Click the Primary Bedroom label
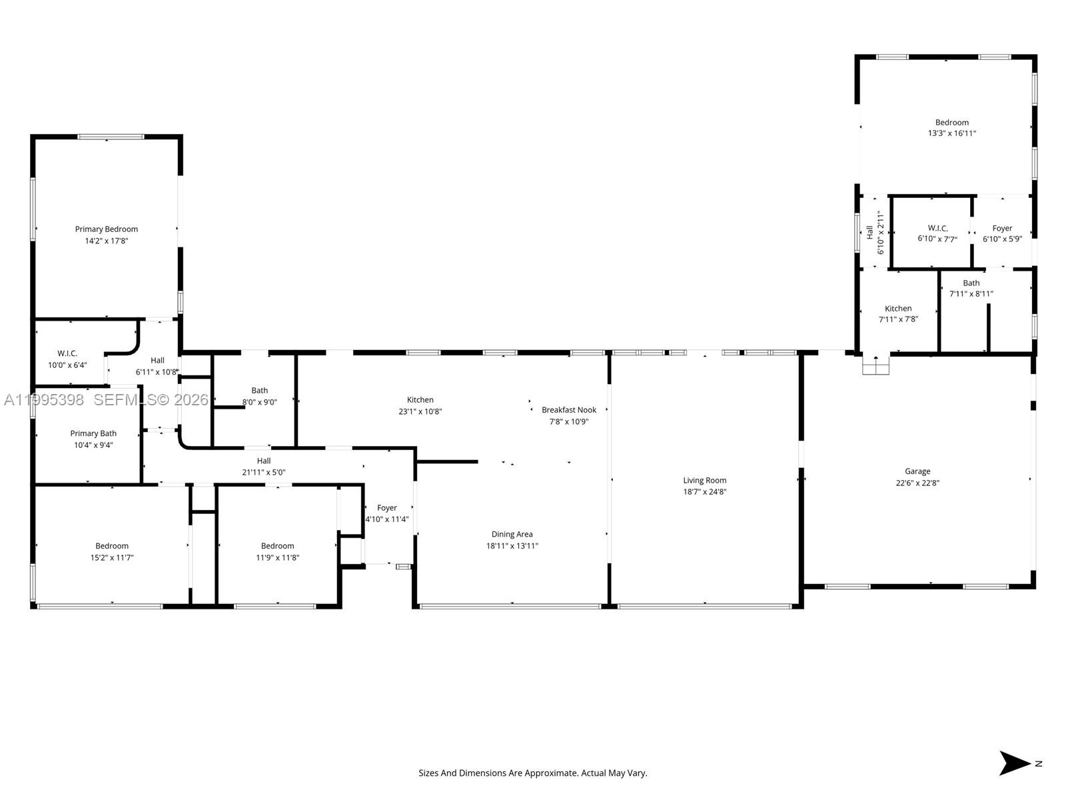coord(106,229)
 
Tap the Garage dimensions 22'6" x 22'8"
coord(917,483)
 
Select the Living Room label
coord(704,480)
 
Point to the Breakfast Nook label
coord(568,410)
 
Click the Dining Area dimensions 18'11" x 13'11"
coord(512,546)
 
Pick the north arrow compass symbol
coord(1016,763)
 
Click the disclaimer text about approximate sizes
coord(532,773)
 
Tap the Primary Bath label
coord(93,433)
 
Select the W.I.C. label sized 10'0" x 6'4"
coord(67,353)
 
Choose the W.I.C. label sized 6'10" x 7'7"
coord(937,228)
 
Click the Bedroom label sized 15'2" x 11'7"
coord(111,546)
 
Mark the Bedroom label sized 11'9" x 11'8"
coord(277,546)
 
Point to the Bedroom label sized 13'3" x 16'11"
coord(951,123)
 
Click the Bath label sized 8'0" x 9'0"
coord(259,391)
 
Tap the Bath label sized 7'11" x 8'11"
coord(971,283)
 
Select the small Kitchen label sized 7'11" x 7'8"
coord(898,309)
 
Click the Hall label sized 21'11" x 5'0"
coord(264,461)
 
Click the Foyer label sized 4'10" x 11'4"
coord(386,508)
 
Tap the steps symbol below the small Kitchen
coord(875,365)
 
